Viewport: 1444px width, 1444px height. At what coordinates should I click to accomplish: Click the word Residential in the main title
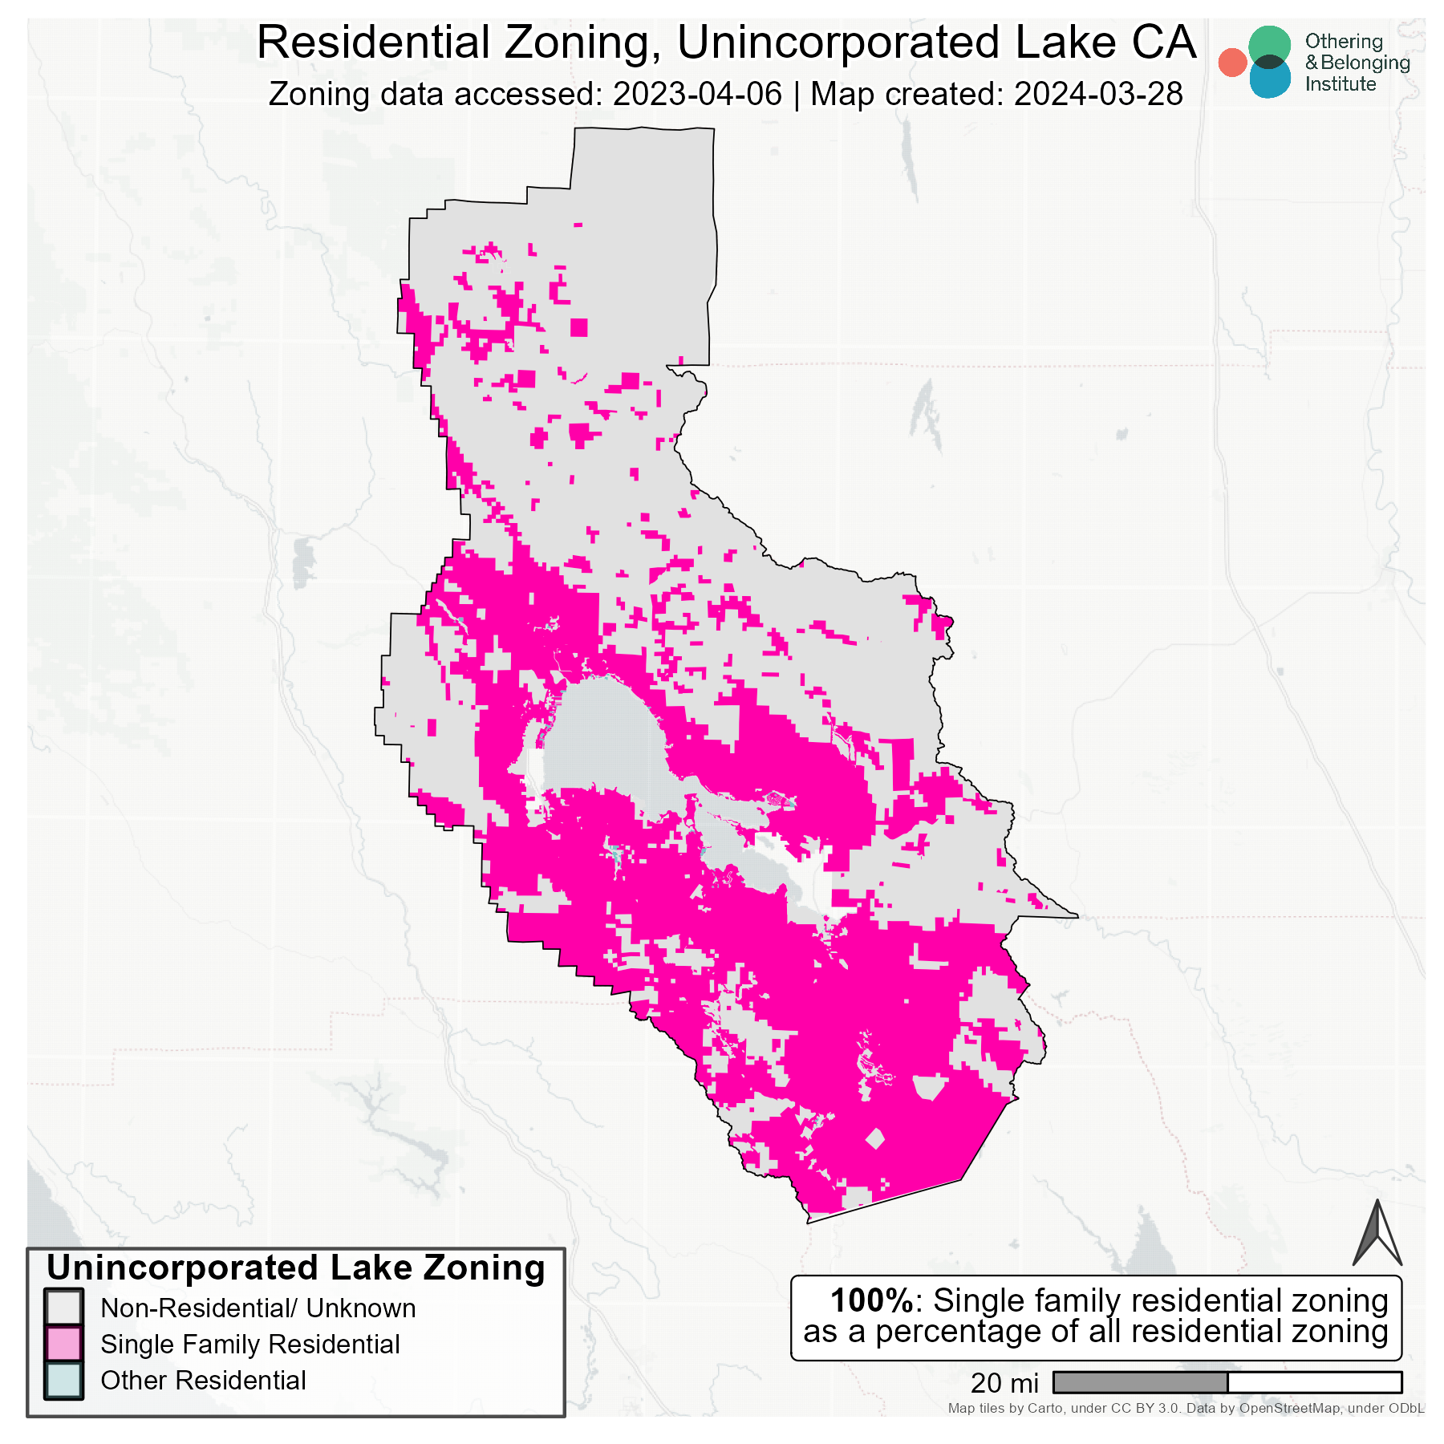[373, 43]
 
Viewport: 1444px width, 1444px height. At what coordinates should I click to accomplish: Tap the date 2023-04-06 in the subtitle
[697, 95]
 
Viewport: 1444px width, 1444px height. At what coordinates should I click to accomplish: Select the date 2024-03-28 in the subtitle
[1098, 95]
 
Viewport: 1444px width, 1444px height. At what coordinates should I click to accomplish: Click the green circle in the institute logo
[1269, 47]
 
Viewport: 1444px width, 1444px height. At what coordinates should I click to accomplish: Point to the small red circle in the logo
[1232, 63]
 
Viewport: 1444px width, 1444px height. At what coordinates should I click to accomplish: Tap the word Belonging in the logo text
[1365, 63]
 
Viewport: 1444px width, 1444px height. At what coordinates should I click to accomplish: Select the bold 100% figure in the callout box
[871, 1300]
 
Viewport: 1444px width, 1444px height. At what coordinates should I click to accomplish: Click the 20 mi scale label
[1004, 1383]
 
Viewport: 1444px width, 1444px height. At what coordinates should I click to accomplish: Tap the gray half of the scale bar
[1140, 1382]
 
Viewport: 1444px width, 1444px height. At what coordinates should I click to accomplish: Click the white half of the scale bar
[1314, 1382]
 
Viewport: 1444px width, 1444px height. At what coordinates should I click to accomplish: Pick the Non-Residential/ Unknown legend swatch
[64, 1308]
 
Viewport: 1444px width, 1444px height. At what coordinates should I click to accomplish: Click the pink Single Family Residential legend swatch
[64, 1344]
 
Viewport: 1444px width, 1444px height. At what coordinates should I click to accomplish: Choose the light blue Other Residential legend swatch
[64, 1380]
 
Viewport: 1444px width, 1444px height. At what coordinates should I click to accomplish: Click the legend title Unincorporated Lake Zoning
[295, 1268]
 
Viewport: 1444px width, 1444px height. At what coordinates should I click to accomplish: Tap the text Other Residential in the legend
[203, 1381]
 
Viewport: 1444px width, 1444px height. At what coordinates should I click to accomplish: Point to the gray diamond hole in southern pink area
[875, 1138]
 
